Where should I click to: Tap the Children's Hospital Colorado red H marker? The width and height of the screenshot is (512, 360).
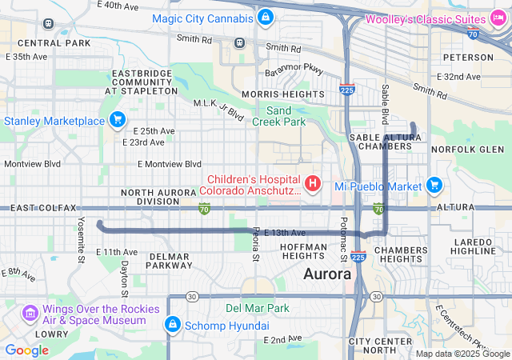coord(313,186)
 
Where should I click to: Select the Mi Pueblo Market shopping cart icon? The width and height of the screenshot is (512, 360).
coord(434,185)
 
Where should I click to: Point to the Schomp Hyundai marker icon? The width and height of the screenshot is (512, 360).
coord(171,325)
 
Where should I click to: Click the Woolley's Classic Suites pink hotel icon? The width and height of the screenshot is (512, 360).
coord(495,18)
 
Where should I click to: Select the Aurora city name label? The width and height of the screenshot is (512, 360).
coord(327,274)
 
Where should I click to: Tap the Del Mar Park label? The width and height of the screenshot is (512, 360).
coord(257,307)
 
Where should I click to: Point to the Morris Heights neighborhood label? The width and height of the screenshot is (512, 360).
coord(271,94)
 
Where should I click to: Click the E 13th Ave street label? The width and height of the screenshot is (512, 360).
coord(284,232)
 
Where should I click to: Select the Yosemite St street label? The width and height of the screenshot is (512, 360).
coord(81,238)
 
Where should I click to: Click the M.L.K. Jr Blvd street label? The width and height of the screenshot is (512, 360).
coord(218,110)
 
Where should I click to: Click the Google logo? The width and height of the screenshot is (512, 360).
coord(26,350)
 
